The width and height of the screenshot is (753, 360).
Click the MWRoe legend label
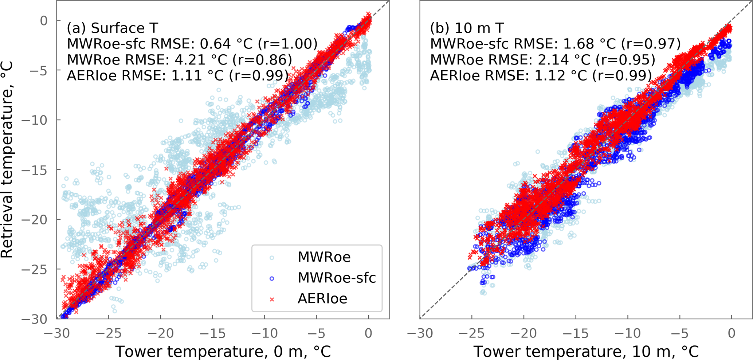pos(324,257)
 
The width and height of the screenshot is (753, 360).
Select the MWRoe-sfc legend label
pos(337,278)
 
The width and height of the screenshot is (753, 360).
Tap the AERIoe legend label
pos(322,299)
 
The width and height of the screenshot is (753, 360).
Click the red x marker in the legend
pos(271,299)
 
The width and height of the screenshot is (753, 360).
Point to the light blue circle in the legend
pos(271,258)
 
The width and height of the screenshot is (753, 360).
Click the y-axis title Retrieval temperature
pos(7,160)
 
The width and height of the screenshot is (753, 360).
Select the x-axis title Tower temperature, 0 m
pos(223,352)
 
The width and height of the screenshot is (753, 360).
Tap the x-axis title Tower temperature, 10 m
pos(586,352)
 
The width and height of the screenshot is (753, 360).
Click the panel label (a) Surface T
pos(112,28)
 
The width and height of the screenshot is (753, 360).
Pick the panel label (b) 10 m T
pos(467,28)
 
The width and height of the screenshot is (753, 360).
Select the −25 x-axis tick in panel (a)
pos(109,333)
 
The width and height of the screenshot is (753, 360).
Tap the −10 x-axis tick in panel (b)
pos(628,333)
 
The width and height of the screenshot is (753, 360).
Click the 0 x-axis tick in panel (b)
pos(732,333)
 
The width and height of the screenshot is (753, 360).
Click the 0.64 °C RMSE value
pos(226,44)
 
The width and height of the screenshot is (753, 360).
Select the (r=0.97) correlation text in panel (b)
pos(651,44)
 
